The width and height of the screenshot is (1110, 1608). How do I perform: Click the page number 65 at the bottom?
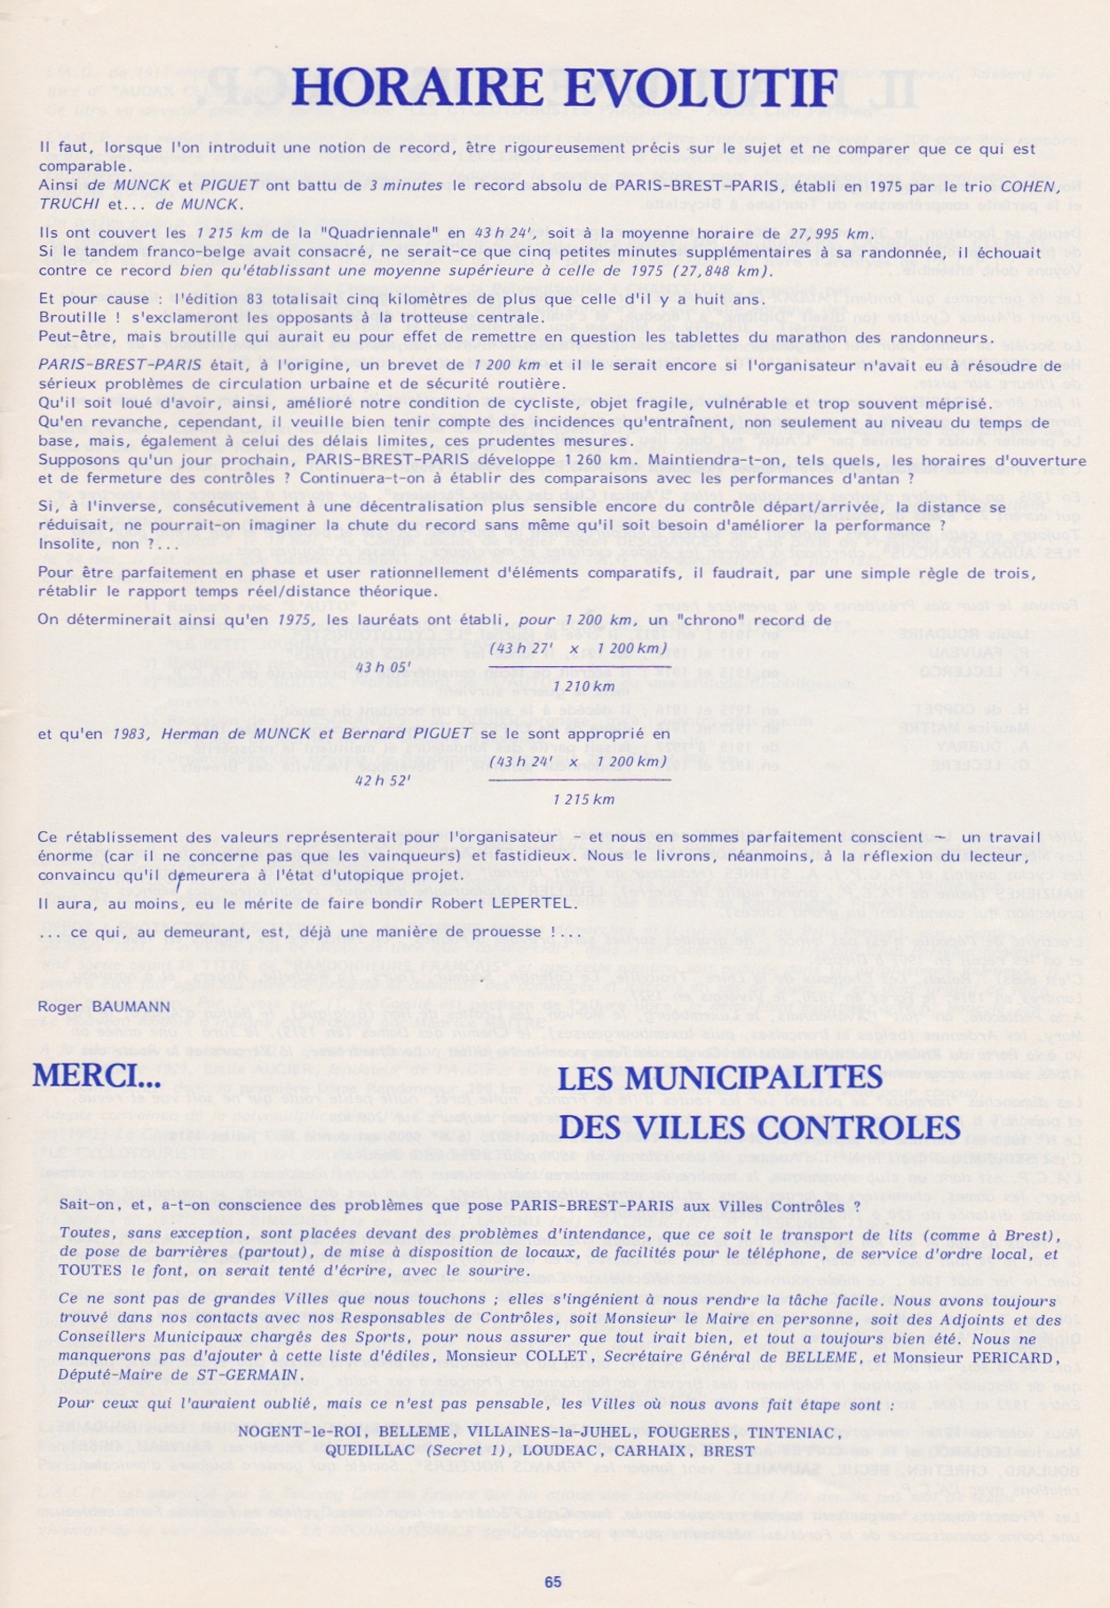[x=553, y=1581]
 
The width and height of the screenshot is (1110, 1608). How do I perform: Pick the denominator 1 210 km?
[x=583, y=685]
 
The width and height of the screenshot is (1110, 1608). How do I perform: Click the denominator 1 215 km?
[x=583, y=799]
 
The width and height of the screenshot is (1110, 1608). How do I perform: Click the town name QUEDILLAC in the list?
[x=364, y=1451]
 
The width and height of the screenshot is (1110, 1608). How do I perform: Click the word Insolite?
[x=70, y=544]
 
